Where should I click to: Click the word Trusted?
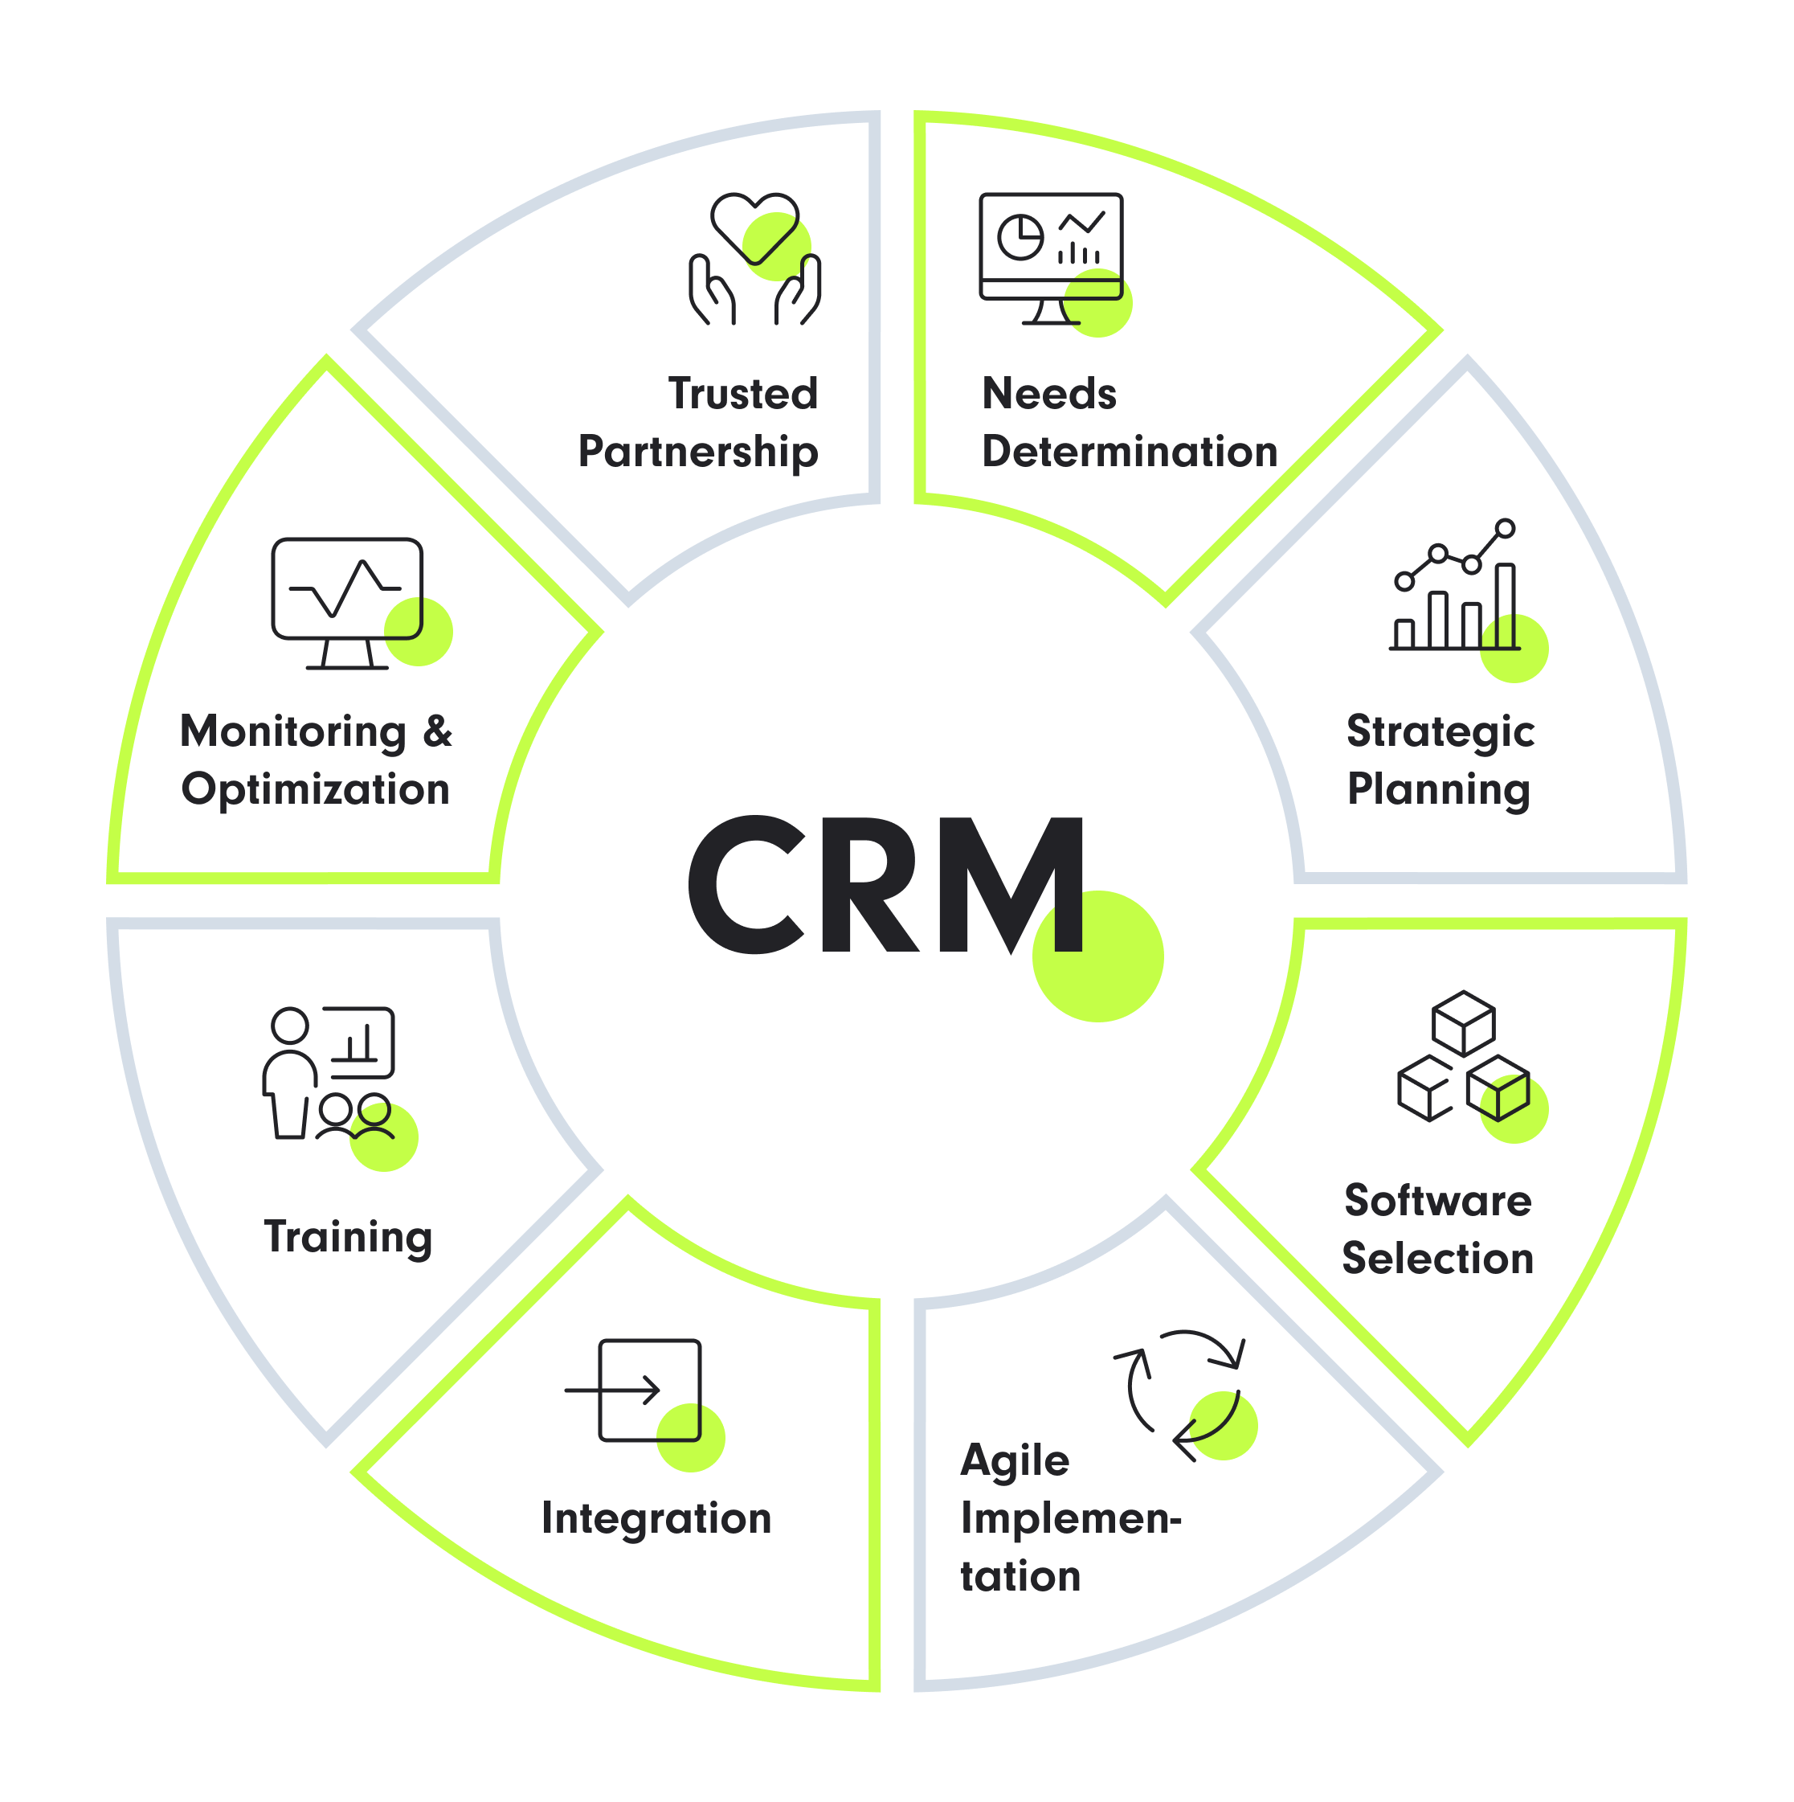pos(743,394)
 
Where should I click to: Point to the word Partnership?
pos(698,453)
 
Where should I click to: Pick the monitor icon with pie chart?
pos(1051,258)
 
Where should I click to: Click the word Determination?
pos(1129,453)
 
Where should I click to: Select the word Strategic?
pos(1441,732)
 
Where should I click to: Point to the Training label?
pos(348,1238)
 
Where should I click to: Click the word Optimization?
pos(315,790)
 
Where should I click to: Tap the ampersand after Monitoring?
pos(436,732)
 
